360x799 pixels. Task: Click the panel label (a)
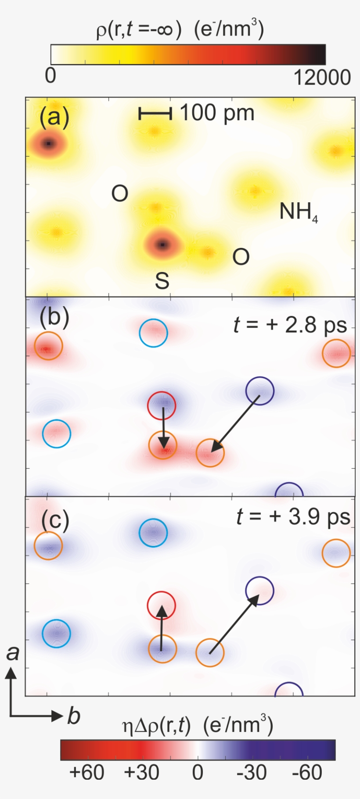[x=54, y=118]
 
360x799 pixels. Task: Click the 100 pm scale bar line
[x=155, y=114]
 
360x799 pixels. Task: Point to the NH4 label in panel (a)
[x=299, y=212]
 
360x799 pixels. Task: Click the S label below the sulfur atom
[x=162, y=280]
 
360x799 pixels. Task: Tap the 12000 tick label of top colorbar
[x=322, y=78]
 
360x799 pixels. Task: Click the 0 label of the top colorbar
[x=50, y=75]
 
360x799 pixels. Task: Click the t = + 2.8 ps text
[x=290, y=325]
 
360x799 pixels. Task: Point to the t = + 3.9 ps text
[x=293, y=517]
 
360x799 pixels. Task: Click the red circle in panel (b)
[x=162, y=405]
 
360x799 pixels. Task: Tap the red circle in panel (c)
[x=162, y=606]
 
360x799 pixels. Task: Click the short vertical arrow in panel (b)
[x=163, y=426]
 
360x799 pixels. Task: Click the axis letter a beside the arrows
[x=13, y=653]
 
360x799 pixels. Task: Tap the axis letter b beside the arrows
[x=73, y=716]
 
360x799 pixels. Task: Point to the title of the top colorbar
[x=180, y=30]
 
